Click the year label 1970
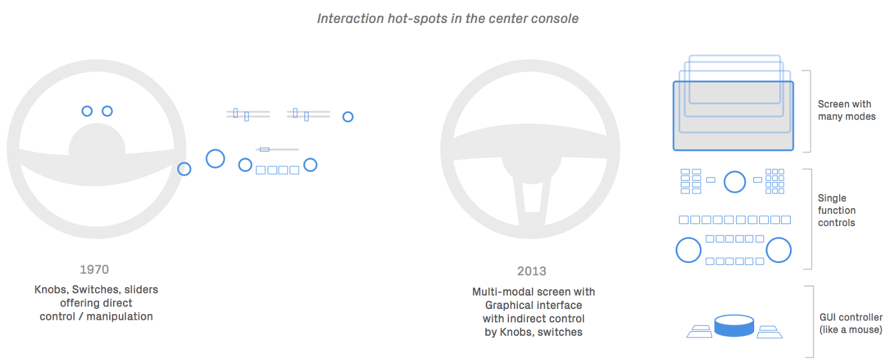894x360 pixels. [94, 269]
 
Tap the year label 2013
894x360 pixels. [531, 271]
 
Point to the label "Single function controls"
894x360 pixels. [836, 211]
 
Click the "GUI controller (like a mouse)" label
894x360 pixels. [851, 324]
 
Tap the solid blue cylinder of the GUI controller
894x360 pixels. [734, 326]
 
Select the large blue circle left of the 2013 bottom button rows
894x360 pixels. [688, 250]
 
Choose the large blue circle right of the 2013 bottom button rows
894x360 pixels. [778, 250]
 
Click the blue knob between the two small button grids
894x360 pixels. [734, 182]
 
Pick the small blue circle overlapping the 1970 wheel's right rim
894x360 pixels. [184, 169]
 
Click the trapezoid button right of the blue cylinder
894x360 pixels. [768, 332]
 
